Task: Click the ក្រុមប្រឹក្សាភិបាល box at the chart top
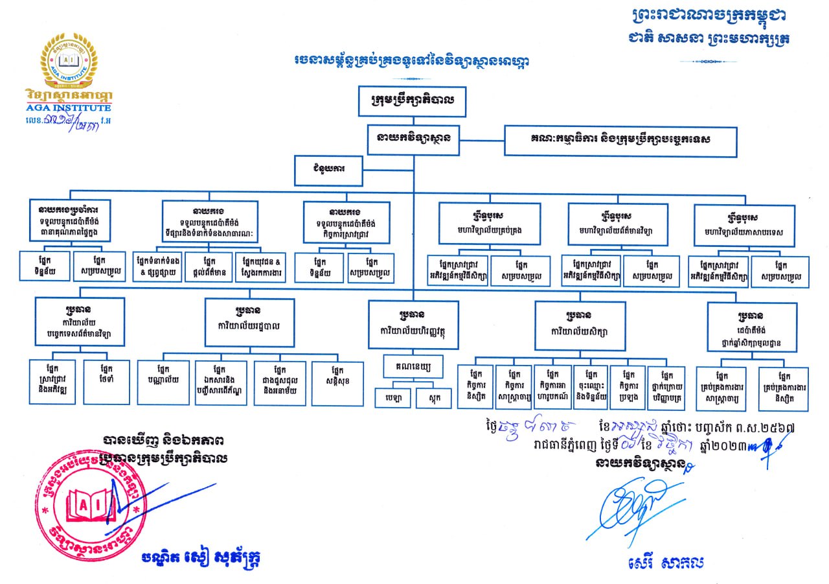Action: (412, 100)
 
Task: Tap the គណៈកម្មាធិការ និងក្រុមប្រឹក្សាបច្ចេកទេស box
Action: (620, 141)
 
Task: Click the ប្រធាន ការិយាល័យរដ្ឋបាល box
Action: (249, 321)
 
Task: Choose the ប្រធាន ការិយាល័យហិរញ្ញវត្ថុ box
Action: (413, 321)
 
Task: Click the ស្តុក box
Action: (433, 397)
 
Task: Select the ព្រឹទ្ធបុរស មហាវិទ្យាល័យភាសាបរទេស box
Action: (744, 225)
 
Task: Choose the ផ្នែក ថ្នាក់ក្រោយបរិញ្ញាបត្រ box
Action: (666, 388)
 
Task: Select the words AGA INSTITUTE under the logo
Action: (69, 108)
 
